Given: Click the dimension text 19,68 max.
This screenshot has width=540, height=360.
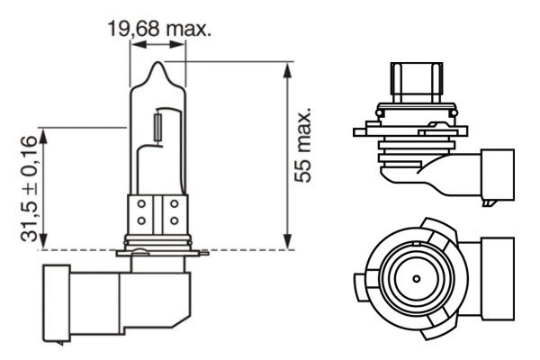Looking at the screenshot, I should click(x=159, y=30).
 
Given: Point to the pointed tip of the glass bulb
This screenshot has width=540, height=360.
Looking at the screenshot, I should click(x=158, y=66).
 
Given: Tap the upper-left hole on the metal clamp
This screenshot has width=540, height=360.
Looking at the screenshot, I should click(x=141, y=205).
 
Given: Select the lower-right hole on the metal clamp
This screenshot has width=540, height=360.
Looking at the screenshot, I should click(x=172, y=220).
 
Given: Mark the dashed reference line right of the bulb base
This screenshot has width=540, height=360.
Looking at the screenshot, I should click(x=234, y=249).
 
